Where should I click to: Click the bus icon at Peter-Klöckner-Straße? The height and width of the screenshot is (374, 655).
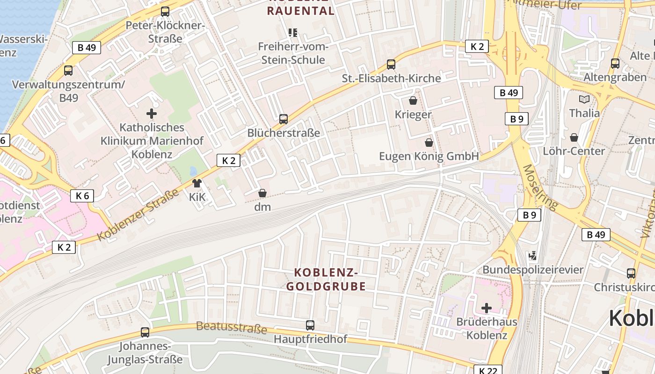pyautogui.click(x=165, y=12)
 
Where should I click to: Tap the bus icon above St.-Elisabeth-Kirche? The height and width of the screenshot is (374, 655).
pyautogui.click(x=391, y=65)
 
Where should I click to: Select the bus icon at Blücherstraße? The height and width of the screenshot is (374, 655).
pyautogui.click(x=283, y=119)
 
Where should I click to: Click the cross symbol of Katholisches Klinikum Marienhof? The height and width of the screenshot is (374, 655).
pyautogui.click(x=152, y=113)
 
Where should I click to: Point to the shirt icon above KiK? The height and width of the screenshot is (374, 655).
pyautogui.click(x=197, y=183)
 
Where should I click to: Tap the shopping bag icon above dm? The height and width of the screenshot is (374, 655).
pyautogui.click(x=262, y=193)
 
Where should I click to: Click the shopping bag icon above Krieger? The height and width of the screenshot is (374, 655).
pyautogui.click(x=413, y=101)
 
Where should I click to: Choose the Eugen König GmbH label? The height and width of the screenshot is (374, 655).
pyautogui.click(x=429, y=156)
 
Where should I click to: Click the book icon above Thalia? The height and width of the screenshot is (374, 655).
pyautogui.click(x=584, y=99)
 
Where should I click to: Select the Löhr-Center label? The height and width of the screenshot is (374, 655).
pyautogui.click(x=574, y=151)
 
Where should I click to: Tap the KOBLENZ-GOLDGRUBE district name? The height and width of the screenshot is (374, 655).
pyautogui.click(x=326, y=279)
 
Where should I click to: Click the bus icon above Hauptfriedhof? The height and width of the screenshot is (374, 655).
pyautogui.click(x=310, y=325)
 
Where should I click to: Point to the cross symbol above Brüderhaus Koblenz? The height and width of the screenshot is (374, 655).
pyautogui.click(x=487, y=308)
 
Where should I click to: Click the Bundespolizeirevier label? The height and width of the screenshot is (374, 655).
pyautogui.click(x=533, y=270)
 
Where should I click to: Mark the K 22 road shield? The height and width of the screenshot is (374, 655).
pyautogui.click(x=488, y=370)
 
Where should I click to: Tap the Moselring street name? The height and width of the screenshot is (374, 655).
pyautogui.click(x=540, y=187)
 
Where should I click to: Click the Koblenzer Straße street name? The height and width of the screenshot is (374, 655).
pyautogui.click(x=138, y=215)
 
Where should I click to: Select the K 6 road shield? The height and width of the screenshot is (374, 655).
pyautogui.click(x=82, y=196)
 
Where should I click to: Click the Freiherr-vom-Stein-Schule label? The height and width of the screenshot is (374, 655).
pyautogui.click(x=293, y=53)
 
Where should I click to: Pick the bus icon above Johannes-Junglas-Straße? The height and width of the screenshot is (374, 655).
pyautogui.click(x=145, y=332)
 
